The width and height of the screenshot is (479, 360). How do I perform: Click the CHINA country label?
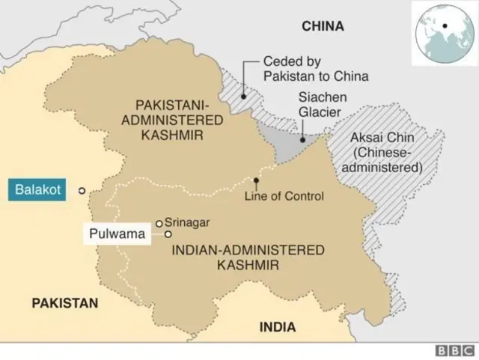(x=323, y=26)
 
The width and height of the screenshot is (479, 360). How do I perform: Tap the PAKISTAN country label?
(x=64, y=302)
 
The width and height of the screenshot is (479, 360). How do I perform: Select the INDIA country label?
(x=277, y=327)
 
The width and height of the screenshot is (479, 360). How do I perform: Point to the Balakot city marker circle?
(x=82, y=191)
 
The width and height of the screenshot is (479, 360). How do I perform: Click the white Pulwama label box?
(x=117, y=234)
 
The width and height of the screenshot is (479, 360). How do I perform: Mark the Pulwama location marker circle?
(x=168, y=234)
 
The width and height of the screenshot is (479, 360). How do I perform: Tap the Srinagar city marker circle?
(x=159, y=222)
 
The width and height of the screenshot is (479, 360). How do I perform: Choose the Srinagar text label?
(x=187, y=222)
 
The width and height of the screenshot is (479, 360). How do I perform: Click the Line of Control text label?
(x=284, y=196)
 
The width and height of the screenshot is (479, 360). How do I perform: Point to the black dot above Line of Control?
(x=257, y=180)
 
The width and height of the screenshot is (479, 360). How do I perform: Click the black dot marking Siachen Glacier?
(x=302, y=139)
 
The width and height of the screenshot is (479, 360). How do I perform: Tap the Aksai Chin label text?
(x=382, y=153)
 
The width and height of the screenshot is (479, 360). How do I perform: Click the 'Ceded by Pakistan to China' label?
(x=315, y=69)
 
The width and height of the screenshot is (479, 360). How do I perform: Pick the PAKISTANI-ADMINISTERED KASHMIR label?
(x=178, y=120)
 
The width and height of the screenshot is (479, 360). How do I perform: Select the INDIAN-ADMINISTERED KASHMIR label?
(x=248, y=257)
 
